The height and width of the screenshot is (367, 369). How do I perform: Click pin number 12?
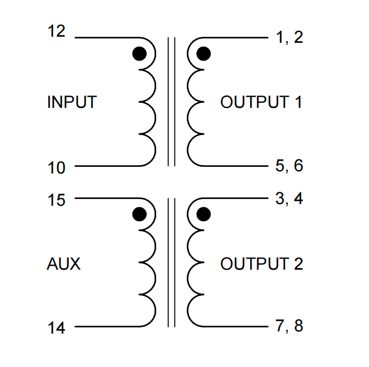click(56, 31)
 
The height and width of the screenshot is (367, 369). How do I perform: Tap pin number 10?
click(56, 168)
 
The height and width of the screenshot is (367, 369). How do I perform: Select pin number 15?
click(56, 200)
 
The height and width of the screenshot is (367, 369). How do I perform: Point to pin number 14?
click(56, 328)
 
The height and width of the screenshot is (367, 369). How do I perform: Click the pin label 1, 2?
click(289, 37)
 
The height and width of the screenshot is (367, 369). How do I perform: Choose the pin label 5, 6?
click(289, 166)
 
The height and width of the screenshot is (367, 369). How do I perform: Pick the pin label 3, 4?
click(289, 199)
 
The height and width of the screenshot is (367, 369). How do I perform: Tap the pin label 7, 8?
click(289, 326)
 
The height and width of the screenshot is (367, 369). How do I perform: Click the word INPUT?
click(72, 102)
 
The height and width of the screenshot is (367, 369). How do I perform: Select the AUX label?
click(63, 264)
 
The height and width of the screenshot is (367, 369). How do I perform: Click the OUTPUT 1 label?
click(261, 102)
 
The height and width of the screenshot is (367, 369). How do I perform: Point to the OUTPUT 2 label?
click(261, 264)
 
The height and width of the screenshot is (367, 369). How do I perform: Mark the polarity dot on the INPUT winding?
click(139, 54)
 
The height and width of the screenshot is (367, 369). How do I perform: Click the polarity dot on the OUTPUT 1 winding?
click(203, 54)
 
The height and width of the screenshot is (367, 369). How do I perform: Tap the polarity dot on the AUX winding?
click(139, 214)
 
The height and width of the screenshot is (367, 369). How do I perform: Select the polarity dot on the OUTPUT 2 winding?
click(203, 214)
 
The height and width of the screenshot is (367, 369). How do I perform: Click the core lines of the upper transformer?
click(171, 102)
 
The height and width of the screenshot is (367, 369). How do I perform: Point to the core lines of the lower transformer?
click(171, 262)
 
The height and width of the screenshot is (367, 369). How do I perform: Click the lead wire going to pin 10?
click(107, 166)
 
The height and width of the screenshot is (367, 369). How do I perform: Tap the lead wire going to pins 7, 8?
click(236, 326)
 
